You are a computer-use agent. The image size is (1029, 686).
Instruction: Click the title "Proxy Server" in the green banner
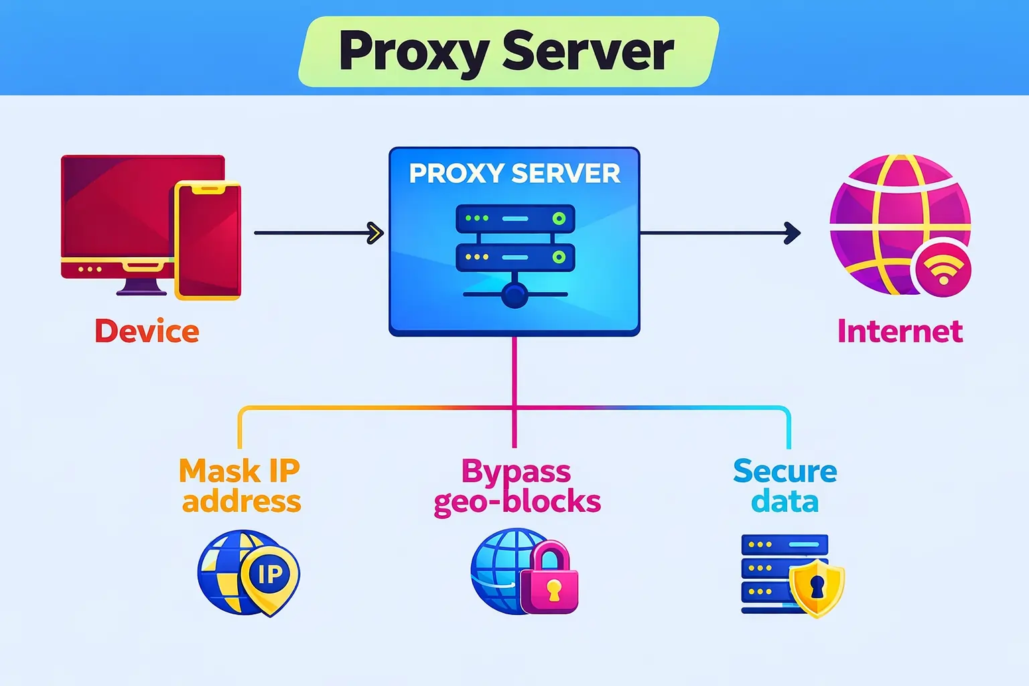click(x=506, y=52)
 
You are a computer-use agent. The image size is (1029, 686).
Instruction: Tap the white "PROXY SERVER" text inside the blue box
click(x=514, y=174)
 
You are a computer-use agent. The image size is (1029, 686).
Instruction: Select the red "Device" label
click(x=147, y=331)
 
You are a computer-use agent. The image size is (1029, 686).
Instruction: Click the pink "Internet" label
click(x=900, y=331)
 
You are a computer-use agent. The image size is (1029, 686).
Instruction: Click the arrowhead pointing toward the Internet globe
click(x=793, y=233)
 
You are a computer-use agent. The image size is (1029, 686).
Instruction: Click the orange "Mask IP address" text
click(x=240, y=486)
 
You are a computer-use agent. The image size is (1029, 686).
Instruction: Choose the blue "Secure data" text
click(x=785, y=486)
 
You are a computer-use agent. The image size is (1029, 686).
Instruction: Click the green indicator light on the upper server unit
click(x=559, y=218)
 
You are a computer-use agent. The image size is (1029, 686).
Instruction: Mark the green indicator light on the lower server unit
click(x=559, y=257)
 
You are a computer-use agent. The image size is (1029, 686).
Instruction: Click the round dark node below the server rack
click(x=514, y=295)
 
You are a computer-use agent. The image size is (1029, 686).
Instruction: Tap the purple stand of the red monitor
click(x=141, y=287)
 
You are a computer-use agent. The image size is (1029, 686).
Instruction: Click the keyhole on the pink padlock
click(x=553, y=590)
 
